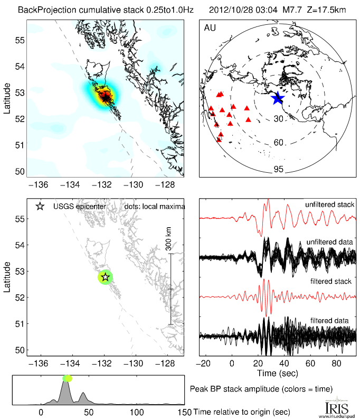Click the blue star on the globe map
[277, 98]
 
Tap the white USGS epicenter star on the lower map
[105, 276]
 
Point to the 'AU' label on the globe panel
[209, 27]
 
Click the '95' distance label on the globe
[279, 169]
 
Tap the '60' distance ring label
[279, 143]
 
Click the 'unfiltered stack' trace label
[329, 204]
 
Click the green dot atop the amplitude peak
[67, 378]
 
